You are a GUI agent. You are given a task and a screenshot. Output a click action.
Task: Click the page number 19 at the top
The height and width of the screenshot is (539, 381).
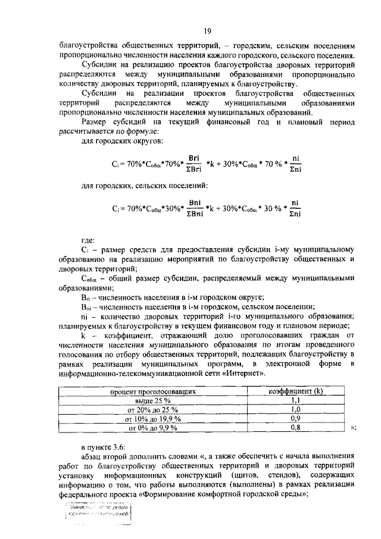click(208, 32)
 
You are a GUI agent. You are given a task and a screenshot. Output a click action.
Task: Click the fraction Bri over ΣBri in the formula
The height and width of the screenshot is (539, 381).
click(193, 163)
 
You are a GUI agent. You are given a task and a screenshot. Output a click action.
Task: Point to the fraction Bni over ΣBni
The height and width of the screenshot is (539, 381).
click(193, 209)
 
